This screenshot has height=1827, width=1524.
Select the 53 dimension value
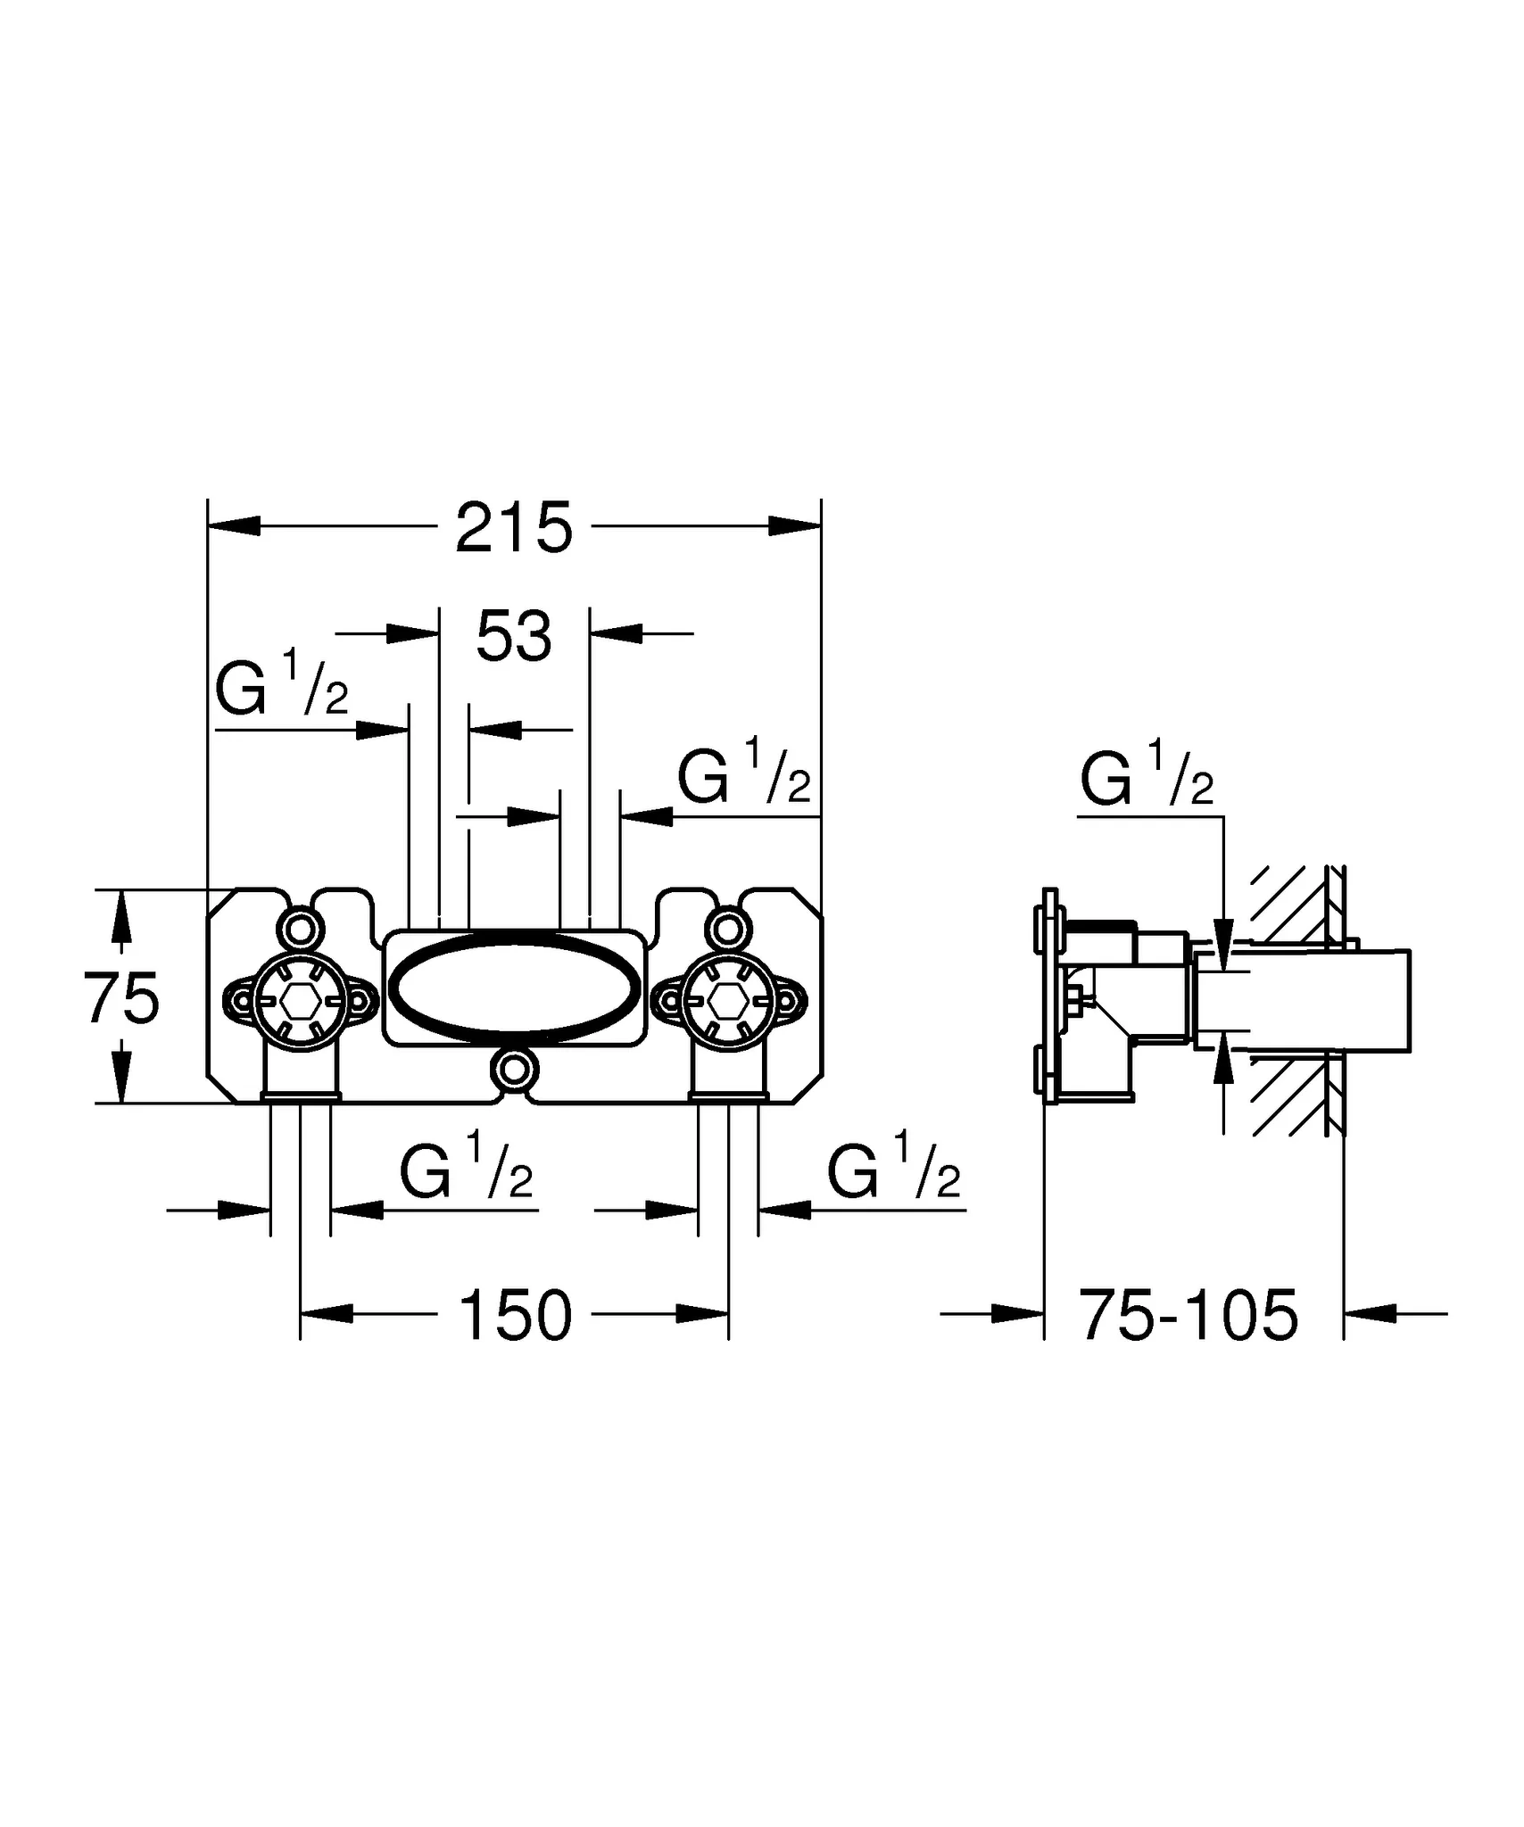514,637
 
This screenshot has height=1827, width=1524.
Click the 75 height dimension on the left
122,998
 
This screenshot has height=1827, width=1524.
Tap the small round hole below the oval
515,1068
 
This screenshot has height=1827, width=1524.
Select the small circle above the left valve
301,930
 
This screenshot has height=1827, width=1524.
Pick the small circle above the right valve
727,930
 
